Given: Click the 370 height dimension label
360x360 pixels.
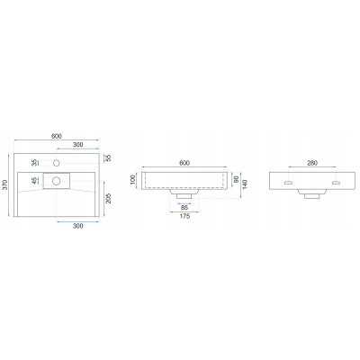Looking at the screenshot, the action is coord(4,184).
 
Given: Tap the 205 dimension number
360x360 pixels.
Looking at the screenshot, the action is coord(109,198).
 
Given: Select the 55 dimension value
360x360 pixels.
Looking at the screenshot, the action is coord(109,158).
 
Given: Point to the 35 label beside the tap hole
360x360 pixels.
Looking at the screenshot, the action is coord(35,163).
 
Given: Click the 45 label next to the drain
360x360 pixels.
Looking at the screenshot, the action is coord(35,181).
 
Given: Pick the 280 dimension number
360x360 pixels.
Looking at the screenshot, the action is coord(312,163).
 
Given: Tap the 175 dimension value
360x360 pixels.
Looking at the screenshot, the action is coord(184,216).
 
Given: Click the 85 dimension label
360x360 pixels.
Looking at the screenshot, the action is coord(184,207).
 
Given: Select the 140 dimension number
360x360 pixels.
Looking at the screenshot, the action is coord(245,185).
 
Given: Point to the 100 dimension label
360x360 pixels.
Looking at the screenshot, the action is coord(134,180).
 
